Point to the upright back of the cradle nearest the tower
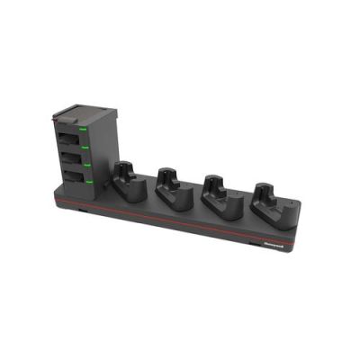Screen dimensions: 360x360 [125, 168]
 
